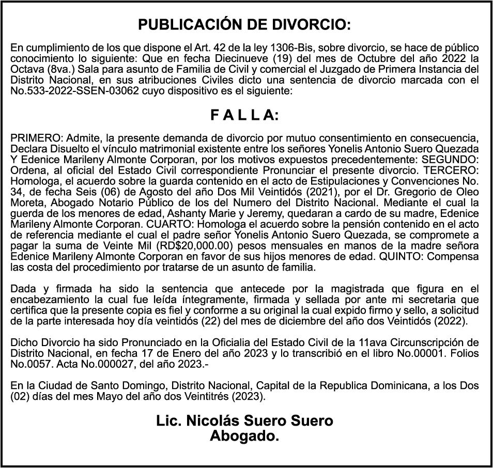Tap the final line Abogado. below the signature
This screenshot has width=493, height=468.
(244, 436)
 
